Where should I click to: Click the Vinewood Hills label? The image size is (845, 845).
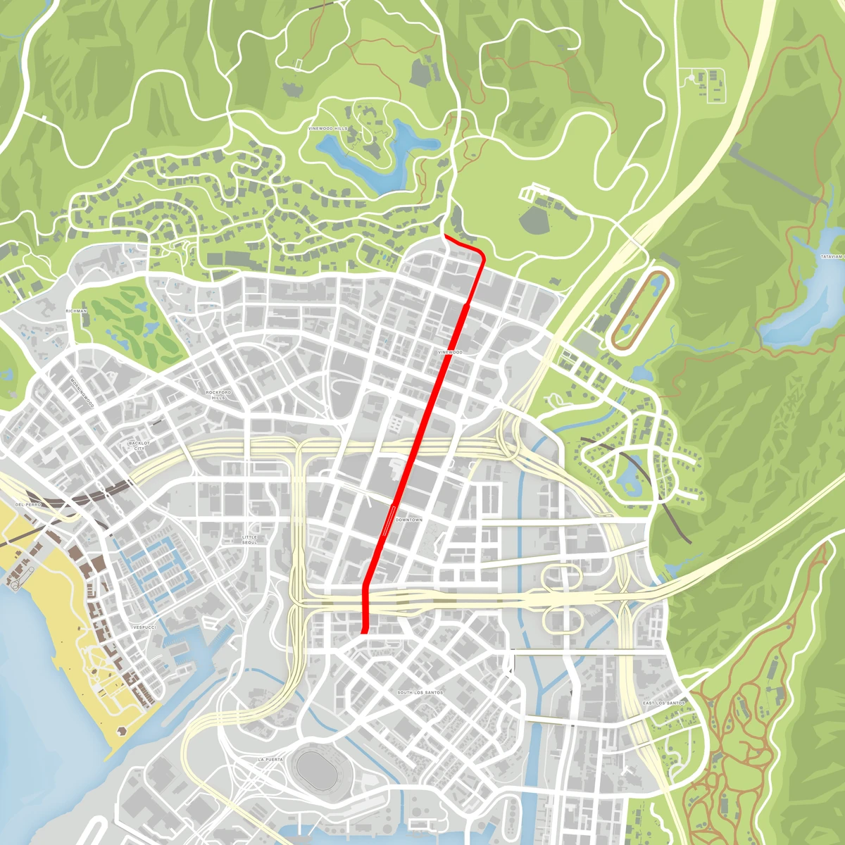(328, 129)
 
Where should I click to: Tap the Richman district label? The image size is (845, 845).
(76, 311)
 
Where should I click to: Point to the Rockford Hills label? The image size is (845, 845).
(218, 394)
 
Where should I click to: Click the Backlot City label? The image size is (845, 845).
(139, 446)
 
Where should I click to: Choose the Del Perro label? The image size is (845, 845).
(28, 505)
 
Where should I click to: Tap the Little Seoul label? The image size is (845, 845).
(249, 539)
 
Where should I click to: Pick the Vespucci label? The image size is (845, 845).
(144, 627)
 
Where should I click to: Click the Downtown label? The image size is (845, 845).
(409, 520)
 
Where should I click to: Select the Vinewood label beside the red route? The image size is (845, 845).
(450, 352)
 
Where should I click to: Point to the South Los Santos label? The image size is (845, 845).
(420, 692)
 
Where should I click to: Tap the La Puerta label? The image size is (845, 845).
(270, 760)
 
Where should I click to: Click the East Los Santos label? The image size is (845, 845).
(663, 703)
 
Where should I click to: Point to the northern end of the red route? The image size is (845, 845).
(445, 237)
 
